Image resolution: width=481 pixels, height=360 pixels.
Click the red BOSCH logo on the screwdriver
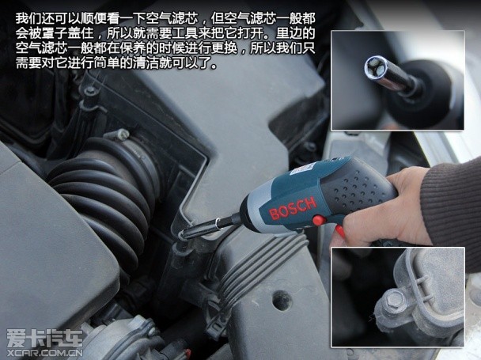click(293, 208)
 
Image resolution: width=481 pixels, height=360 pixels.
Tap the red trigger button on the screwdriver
click(319, 220)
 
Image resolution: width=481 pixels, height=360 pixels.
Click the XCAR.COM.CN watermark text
click(44, 352)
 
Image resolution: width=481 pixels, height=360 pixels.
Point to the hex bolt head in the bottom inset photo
click(394, 299)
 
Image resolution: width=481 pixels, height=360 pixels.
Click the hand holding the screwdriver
click(384, 209)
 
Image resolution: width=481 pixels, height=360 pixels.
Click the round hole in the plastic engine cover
click(282, 300)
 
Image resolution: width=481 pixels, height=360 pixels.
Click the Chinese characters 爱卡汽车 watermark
click(45, 338)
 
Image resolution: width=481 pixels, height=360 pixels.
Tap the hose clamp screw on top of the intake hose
click(122, 135)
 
